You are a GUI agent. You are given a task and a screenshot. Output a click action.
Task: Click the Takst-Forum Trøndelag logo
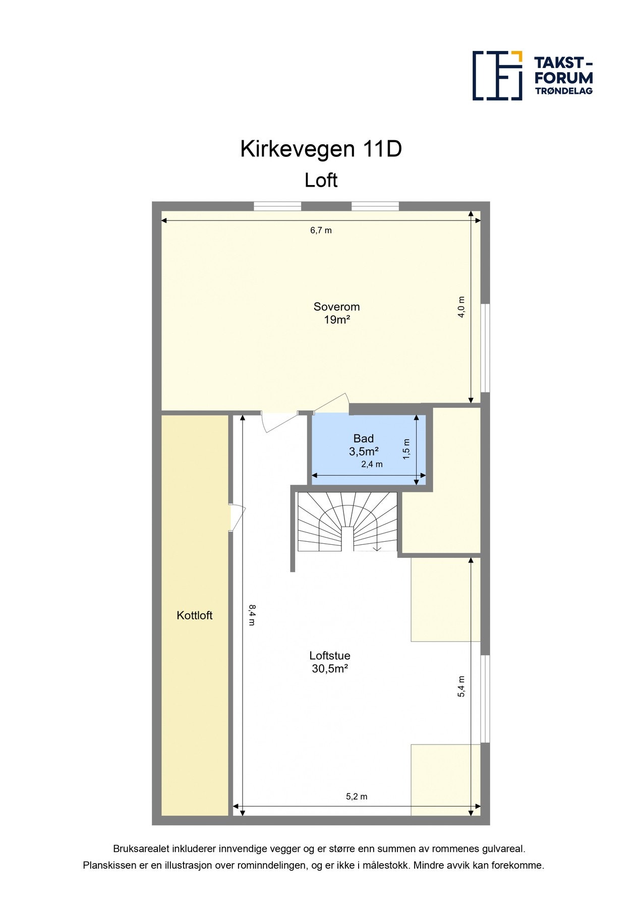point(532,76)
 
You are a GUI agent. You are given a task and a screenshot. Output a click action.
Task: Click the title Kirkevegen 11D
point(321,149)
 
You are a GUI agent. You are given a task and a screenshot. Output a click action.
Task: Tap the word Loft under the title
point(321,181)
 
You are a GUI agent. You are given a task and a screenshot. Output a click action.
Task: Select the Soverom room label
point(336,307)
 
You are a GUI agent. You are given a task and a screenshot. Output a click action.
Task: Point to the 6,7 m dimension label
point(321,231)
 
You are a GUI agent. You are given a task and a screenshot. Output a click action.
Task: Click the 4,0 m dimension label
point(461,307)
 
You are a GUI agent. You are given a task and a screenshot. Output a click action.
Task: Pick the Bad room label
point(363,438)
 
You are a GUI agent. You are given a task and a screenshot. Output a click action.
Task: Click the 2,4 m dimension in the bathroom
point(372,464)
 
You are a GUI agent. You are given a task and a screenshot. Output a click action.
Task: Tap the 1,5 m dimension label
point(406,449)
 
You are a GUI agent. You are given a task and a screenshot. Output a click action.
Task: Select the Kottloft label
point(194,615)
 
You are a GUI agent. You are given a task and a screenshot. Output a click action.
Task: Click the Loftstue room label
point(330,656)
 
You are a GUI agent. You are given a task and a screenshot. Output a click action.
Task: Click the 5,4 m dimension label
point(461,687)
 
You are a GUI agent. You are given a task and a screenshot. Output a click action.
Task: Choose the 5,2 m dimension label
point(357,797)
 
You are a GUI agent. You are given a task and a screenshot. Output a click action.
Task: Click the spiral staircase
point(347,523)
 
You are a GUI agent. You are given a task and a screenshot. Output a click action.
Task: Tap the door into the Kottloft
point(236,518)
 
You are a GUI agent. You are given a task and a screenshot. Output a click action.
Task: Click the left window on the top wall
point(277,206)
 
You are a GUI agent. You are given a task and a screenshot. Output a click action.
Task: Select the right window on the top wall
point(375,206)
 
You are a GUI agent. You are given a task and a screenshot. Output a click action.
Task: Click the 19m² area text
point(337,320)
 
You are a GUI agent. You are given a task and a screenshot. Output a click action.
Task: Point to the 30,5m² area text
point(330,669)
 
